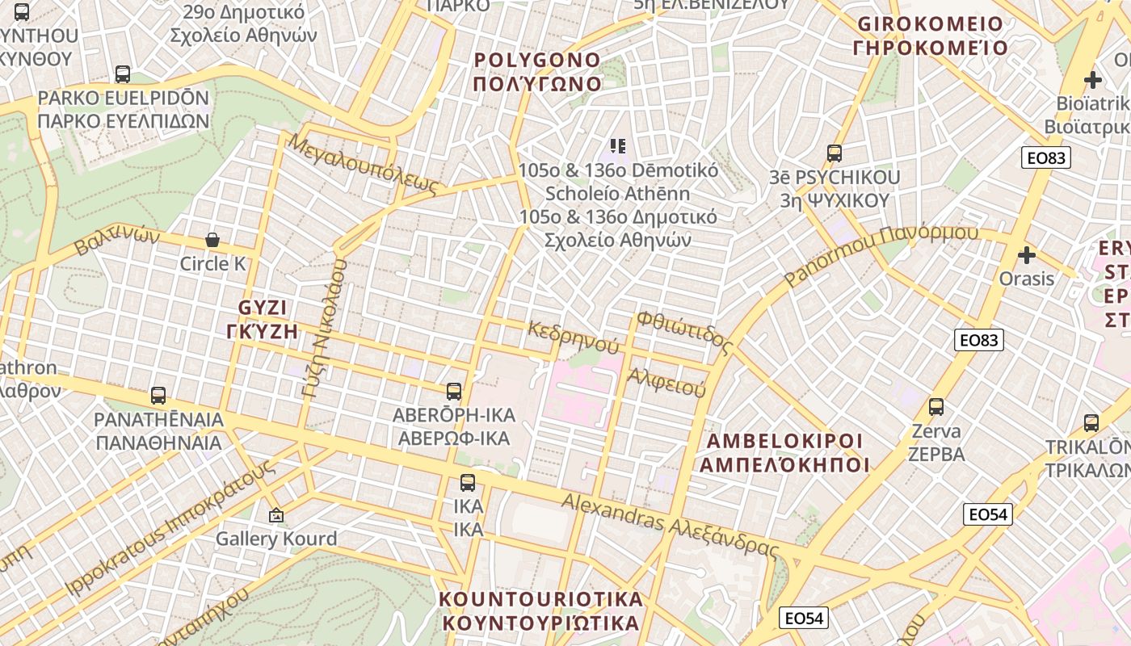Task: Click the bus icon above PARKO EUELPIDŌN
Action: pos(123,74)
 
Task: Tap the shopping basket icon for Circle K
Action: pos(212,240)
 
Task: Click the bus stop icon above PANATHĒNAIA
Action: pos(158,396)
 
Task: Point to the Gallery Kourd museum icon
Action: pos(276,514)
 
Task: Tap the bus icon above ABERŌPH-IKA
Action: pos(454,392)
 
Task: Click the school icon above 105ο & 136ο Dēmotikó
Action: pos(618,146)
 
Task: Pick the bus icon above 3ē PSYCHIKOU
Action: pos(835,153)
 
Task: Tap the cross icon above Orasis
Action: pos(1027,255)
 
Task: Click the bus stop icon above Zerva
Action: pos(936,407)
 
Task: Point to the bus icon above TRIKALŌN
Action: pos(1091,422)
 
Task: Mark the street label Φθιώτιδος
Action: pos(684,333)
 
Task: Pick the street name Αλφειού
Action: pos(666,381)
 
